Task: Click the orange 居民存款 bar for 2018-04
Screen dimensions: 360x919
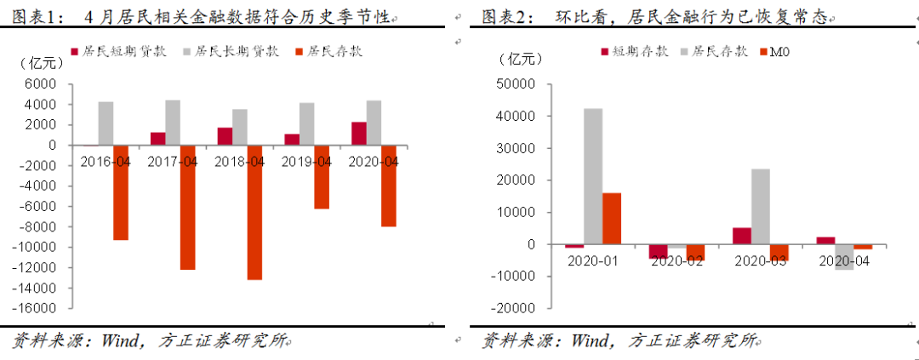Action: click(254, 212)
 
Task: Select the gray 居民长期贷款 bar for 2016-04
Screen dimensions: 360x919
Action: click(106, 123)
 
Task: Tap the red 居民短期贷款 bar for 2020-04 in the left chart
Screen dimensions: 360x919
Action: click(358, 134)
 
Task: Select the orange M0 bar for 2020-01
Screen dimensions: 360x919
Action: click(612, 219)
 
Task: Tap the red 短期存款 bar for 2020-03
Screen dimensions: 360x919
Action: click(741, 236)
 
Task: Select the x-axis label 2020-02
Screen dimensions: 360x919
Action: click(676, 260)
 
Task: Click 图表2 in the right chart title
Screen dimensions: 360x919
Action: click(504, 15)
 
